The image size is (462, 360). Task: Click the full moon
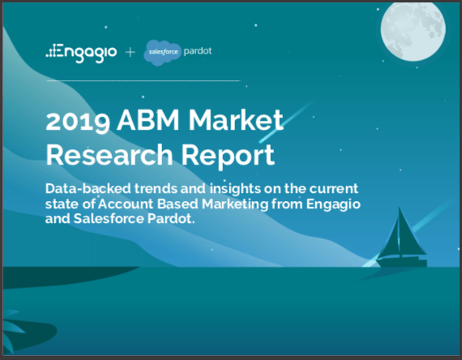413,29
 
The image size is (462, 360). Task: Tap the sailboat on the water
402,239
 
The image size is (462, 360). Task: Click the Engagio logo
81,53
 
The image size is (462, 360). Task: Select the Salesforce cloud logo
161,53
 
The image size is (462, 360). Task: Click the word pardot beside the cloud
198,51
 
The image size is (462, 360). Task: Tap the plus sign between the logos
130,53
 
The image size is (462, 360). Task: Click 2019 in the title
78,121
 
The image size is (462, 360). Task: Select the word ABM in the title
148,119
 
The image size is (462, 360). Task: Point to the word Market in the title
236,119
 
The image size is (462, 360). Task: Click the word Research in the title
109,155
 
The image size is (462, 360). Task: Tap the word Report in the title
228,156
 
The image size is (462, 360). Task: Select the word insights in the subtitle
235,189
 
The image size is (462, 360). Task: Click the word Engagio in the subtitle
333,204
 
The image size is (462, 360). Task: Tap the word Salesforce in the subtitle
109,218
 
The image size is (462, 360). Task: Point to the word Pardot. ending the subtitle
171,218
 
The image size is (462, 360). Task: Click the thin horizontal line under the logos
143,80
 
